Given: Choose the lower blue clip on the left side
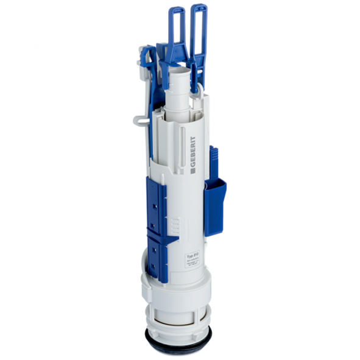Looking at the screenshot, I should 159,252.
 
